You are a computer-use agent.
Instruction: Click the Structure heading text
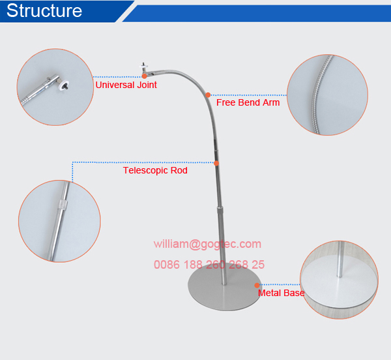pyautogui.click(x=44, y=10)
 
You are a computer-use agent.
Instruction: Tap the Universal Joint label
pyautogui.click(x=126, y=85)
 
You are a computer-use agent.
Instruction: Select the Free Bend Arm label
pyautogui.click(x=248, y=102)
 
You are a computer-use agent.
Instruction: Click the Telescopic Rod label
pyautogui.click(x=155, y=170)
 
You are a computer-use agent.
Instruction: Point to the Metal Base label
pyautogui.click(x=281, y=293)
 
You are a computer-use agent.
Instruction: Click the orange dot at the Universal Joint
pyautogui.click(x=144, y=76)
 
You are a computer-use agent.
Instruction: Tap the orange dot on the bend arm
pyautogui.click(x=208, y=95)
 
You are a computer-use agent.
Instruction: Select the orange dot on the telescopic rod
pyautogui.click(x=216, y=163)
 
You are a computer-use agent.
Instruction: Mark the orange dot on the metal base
pyautogui.click(x=257, y=285)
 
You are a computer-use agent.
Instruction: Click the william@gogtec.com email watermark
pyautogui.click(x=207, y=244)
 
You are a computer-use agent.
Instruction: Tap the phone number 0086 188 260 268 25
pyautogui.click(x=209, y=264)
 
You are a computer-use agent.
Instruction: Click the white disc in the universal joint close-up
pyautogui.click(x=63, y=85)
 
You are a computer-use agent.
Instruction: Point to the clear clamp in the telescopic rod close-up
pyautogui.click(x=63, y=205)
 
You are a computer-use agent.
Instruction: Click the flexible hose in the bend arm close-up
pyautogui.click(x=320, y=95)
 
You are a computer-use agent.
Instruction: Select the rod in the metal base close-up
pyautogui.click(x=340, y=260)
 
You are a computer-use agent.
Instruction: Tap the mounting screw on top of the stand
pyautogui.click(x=143, y=66)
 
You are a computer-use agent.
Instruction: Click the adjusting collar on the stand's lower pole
pyautogui.click(x=219, y=209)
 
